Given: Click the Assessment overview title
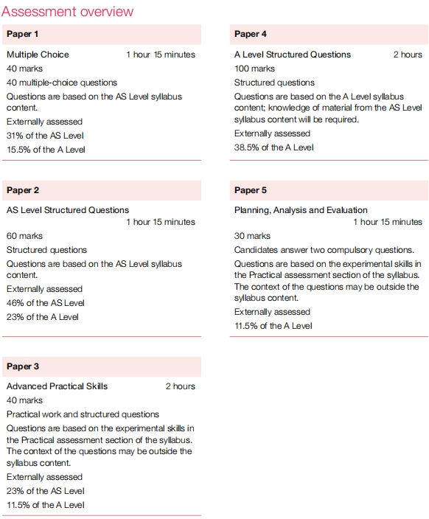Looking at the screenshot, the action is coord(68,11).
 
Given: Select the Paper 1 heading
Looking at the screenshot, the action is coord(23,34).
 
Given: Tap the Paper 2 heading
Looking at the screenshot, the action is coord(23,190).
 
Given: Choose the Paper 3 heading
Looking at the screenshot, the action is coord(23,366).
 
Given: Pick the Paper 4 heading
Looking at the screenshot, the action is coord(251,34).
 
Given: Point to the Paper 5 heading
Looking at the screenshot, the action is coord(251,190).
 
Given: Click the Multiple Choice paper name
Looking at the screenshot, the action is coord(38,55).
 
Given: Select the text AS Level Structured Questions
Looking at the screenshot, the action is coord(68,210).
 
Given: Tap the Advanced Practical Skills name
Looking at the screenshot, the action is coord(57,386).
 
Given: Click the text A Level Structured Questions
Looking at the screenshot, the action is coord(293,55).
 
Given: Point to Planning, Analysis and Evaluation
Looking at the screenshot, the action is coord(301,210).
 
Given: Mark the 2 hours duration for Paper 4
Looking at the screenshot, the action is coord(408,55).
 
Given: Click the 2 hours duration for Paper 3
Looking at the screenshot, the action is coord(180,386).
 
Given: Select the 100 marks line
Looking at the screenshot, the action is coord(254,69).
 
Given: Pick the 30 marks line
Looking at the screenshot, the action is coord(252,236).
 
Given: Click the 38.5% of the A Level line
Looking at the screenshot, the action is coord(273,147).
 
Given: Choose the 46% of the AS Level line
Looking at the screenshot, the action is coord(45,303).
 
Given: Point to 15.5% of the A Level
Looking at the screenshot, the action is coord(46,150).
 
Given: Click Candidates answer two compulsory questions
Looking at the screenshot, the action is coord(324,250).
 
